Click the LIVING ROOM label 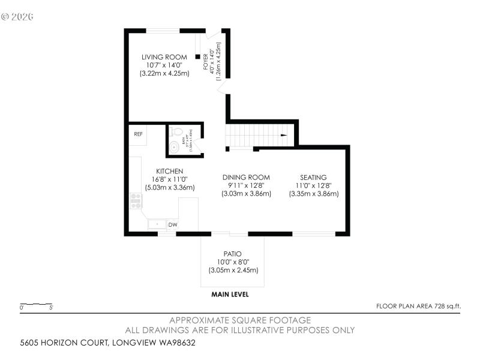(160, 57)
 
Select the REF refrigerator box (138, 134)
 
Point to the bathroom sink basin (175, 146)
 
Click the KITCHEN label (170, 171)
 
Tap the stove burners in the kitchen (136, 200)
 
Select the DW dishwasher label (172, 225)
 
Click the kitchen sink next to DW (157, 224)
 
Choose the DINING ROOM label (246, 177)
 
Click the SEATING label (314, 177)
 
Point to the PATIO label (233, 254)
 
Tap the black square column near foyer (197, 57)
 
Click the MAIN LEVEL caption (230, 295)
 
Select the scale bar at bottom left (36, 305)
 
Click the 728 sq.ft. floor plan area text (418, 306)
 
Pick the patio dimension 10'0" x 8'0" (233, 262)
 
